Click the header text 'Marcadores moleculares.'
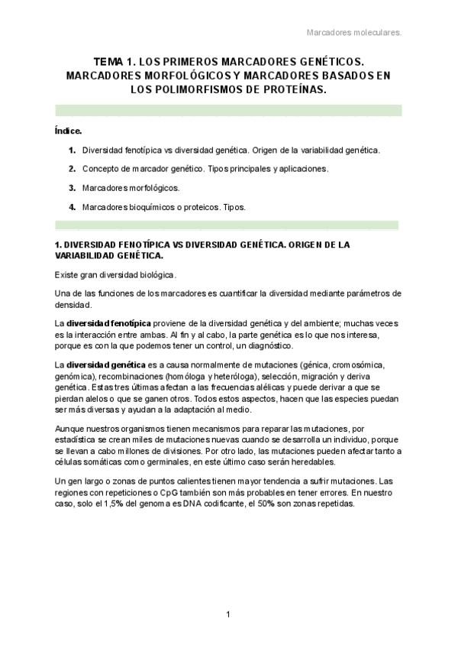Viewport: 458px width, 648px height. [x=353, y=33]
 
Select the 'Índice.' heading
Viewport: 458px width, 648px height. [x=69, y=131]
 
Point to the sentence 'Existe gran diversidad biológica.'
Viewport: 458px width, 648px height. [x=115, y=274]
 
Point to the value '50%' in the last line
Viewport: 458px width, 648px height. [x=273, y=505]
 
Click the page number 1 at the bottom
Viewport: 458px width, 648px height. [x=228, y=614]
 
